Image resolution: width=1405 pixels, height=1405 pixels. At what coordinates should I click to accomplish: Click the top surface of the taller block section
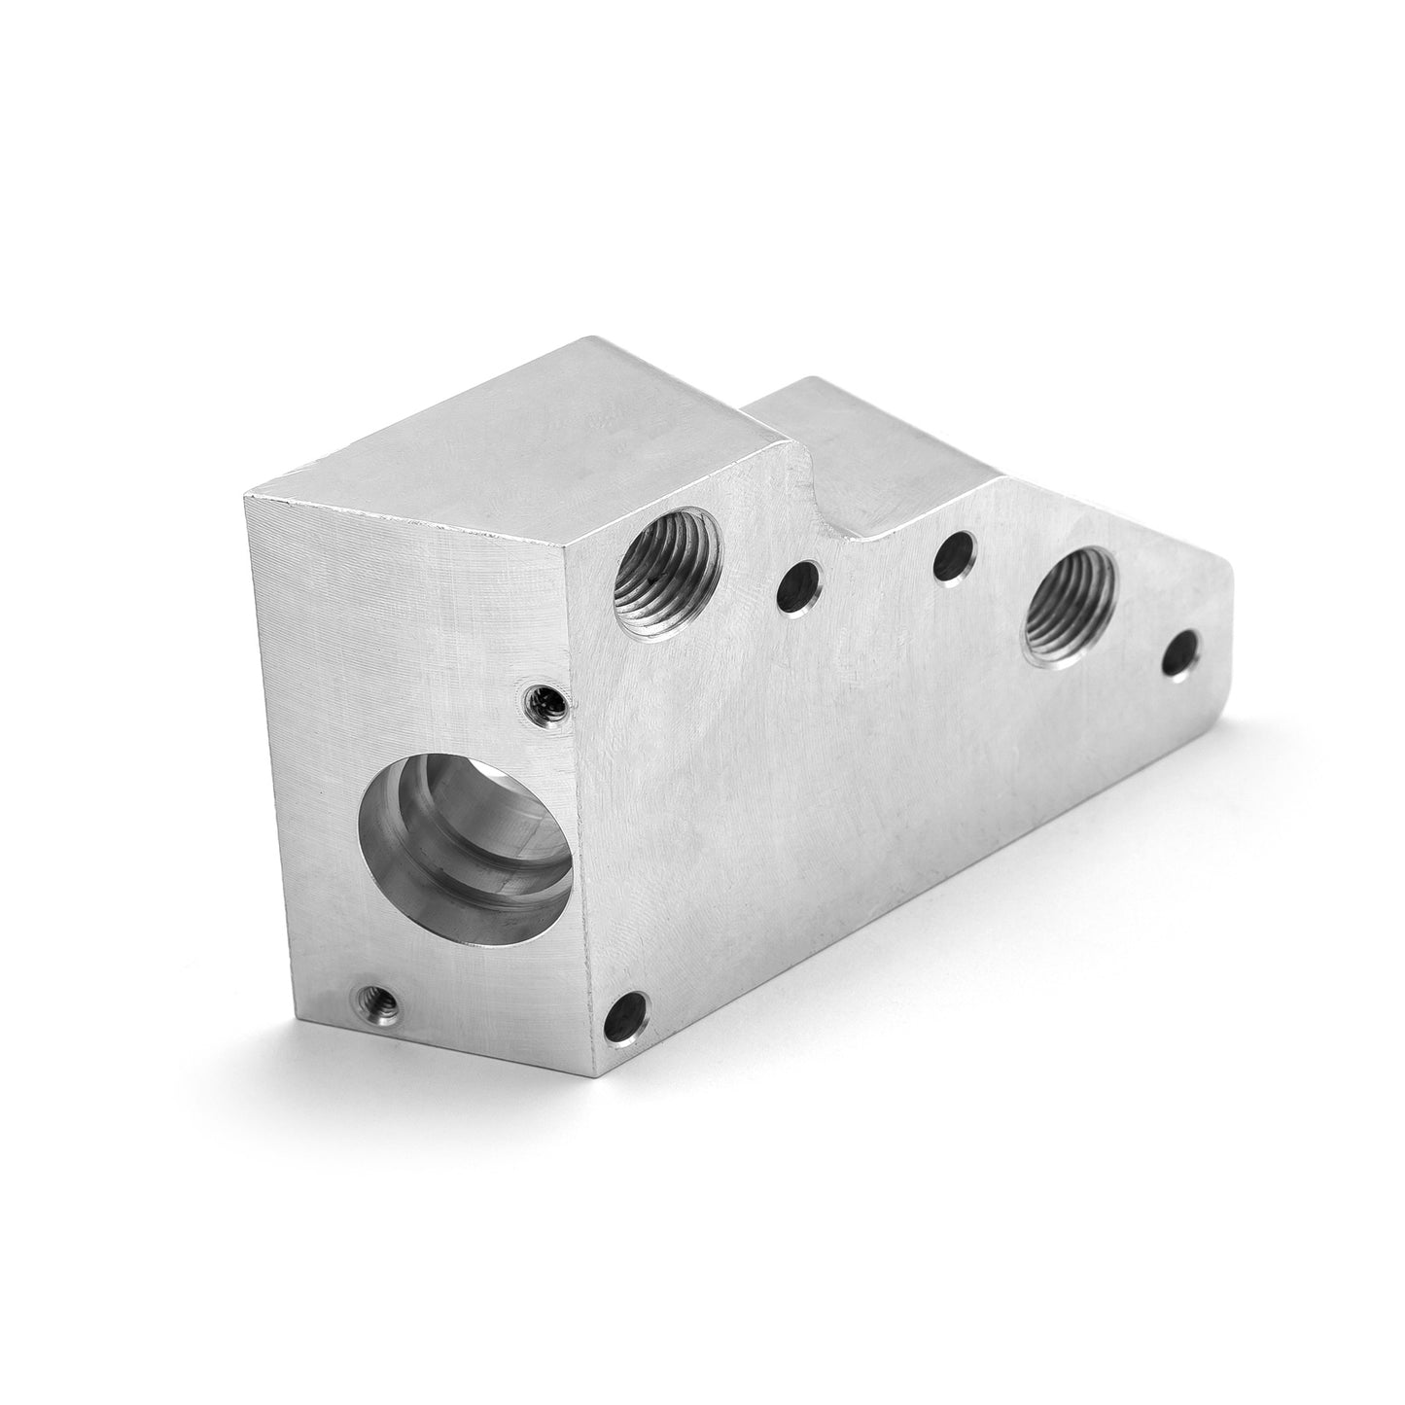[x=544, y=428]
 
